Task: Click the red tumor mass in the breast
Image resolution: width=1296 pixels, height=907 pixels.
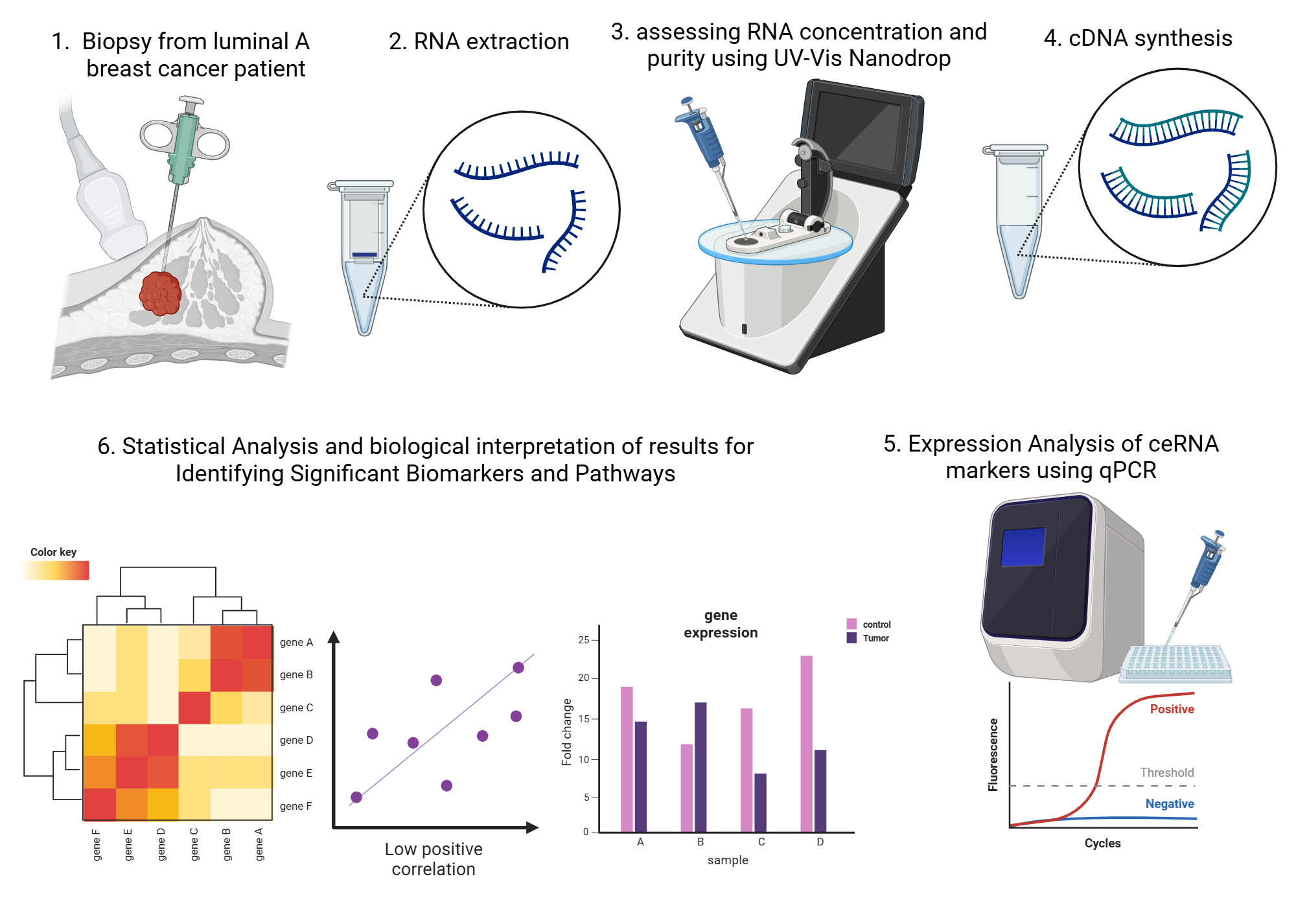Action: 160,293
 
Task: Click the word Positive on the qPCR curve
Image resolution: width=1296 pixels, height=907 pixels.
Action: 1172,709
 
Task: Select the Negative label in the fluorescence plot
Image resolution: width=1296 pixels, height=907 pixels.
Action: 1169,803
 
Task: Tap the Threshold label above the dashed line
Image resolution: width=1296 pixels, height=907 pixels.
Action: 1166,772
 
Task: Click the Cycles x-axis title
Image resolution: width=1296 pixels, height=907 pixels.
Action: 1102,843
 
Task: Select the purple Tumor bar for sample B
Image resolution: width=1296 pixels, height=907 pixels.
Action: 700,767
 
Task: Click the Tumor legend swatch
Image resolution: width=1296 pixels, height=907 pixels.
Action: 851,638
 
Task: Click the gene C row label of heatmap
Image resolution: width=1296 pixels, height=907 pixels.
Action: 296,707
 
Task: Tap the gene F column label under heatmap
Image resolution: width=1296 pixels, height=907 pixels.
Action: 97,845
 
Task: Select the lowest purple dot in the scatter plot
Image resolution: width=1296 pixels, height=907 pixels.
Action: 356,797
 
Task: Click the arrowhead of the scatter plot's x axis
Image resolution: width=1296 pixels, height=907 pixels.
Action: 533,827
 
